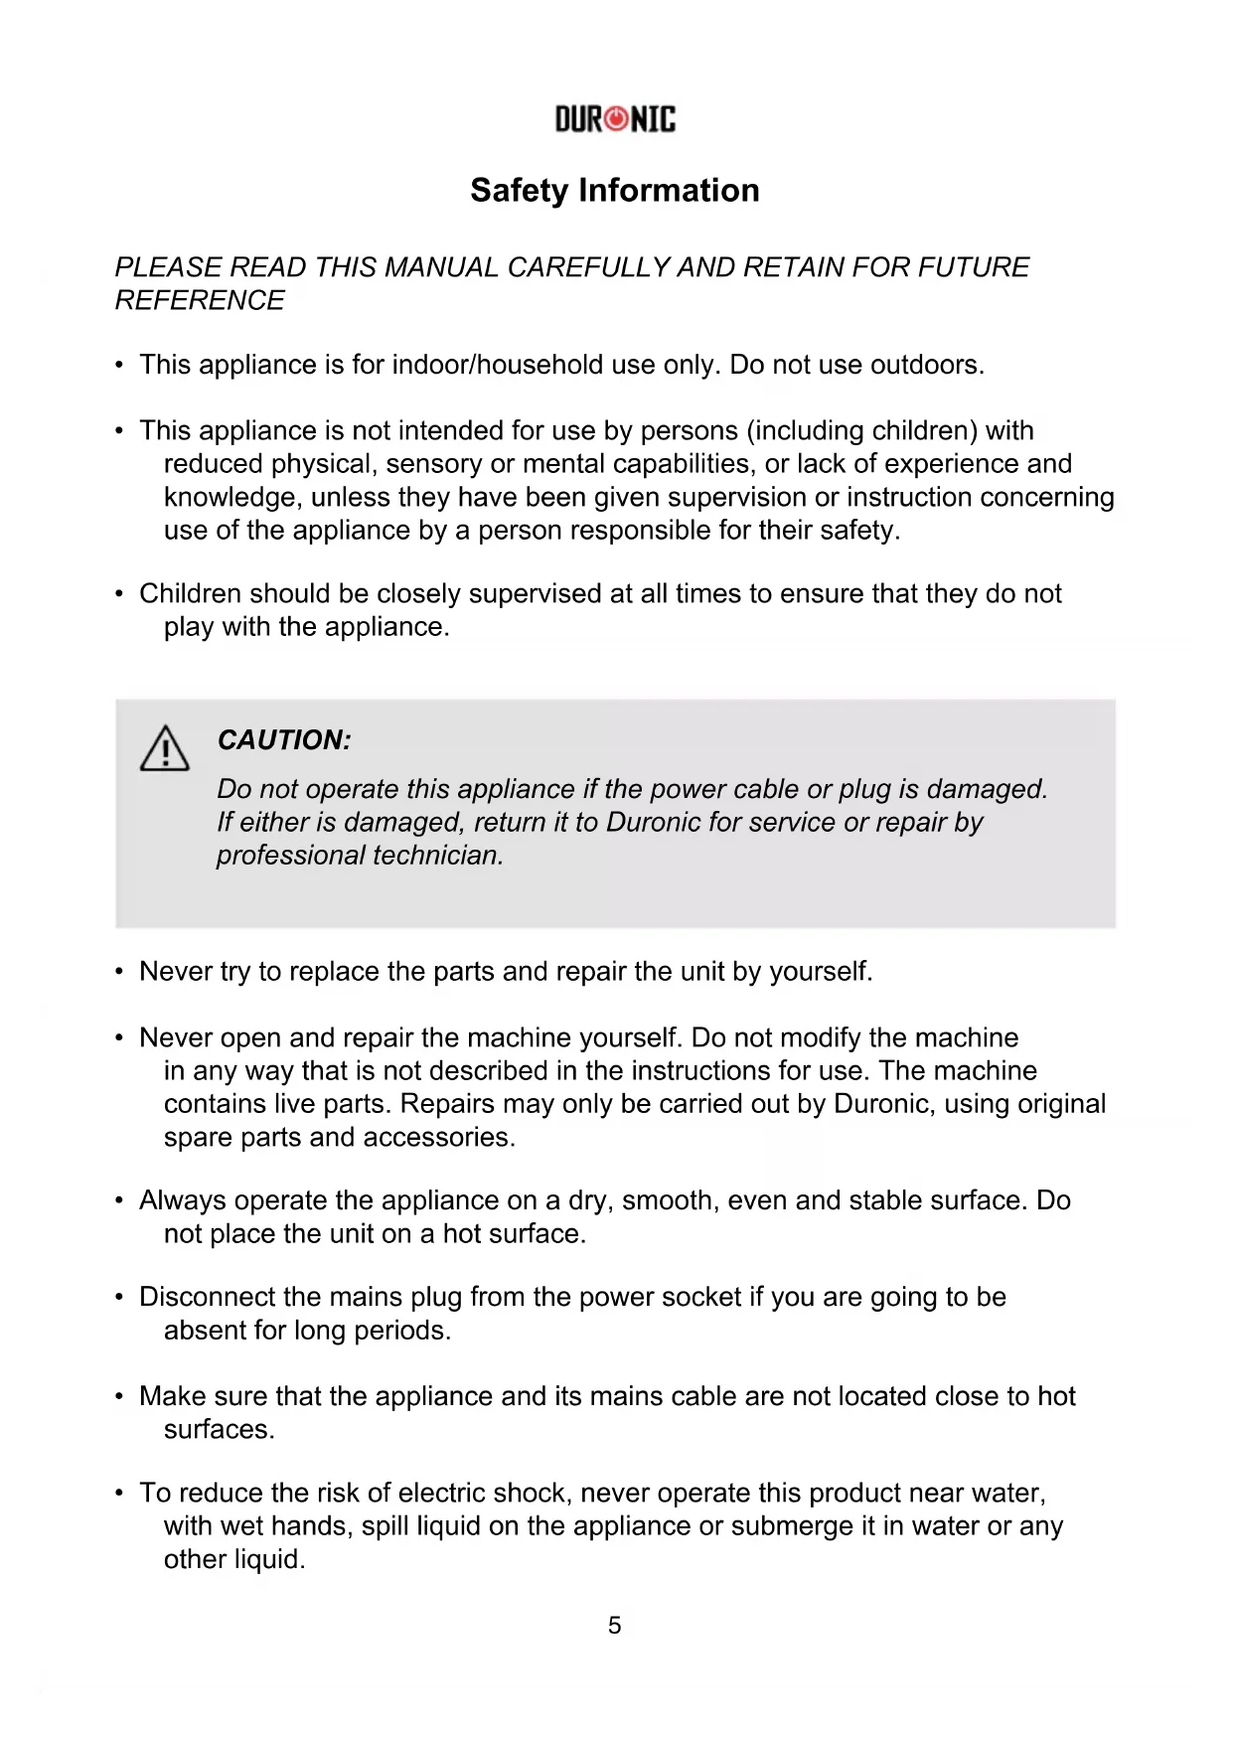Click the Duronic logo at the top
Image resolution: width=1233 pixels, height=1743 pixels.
pos(615,120)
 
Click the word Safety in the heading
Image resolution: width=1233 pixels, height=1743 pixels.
pos(520,190)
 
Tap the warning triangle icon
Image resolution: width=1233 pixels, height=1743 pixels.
pos(164,748)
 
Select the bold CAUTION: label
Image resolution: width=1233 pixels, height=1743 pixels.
pos(283,740)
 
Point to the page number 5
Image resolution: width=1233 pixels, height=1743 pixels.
pos(615,1625)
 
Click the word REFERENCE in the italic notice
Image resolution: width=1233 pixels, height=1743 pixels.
pos(200,300)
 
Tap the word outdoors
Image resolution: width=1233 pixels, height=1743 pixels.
pos(927,365)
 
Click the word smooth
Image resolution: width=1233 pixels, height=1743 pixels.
pos(671,1200)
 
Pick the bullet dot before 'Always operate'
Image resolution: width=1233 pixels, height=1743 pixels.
pos(119,1200)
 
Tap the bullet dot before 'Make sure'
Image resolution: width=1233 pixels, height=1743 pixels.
pos(119,1396)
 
